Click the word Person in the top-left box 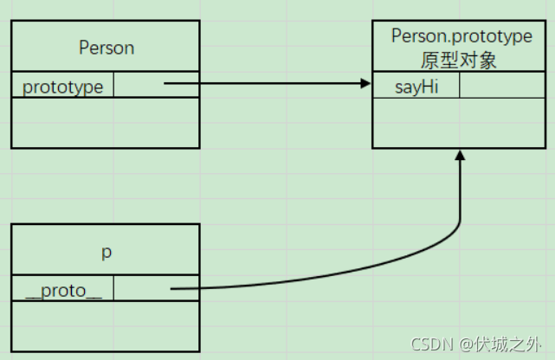106,48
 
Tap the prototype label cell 63,87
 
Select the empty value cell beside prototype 156,86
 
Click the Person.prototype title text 461,36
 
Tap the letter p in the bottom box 106,252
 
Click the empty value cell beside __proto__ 156,289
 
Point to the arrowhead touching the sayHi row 365,84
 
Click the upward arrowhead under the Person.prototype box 460,155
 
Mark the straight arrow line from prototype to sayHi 260,84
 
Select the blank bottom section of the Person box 106,122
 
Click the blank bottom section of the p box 106,325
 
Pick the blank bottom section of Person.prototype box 460,122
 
